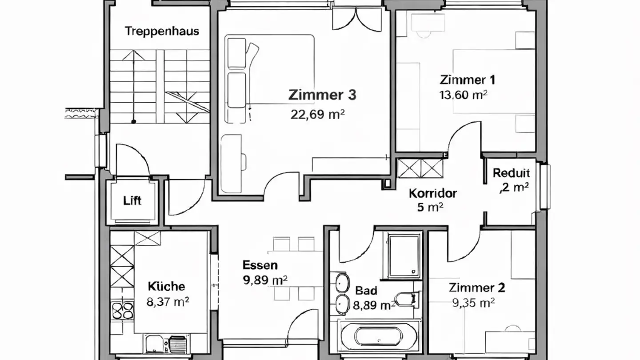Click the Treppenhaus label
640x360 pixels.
[x=162, y=32]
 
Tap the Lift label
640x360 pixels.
[x=132, y=200]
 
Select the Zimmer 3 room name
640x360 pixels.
[x=322, y=95]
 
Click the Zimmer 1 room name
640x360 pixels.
[x=467, y=80]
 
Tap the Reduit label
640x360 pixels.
[x=511, y=173]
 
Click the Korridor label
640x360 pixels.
[x=433, y=193]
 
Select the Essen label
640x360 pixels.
[x=260, y=265]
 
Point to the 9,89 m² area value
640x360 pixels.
[x=265, y=280]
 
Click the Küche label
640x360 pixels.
[x=166, y=286]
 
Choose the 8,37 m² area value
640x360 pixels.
[x=168, y=302]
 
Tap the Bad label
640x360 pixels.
[x=366, y=291]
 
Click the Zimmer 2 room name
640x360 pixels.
[x=477, y=288]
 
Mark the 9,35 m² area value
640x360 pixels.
[x=474, y=303]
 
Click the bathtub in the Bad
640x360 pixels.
[x=379, y=336]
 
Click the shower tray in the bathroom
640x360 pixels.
[x=403, y=256]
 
